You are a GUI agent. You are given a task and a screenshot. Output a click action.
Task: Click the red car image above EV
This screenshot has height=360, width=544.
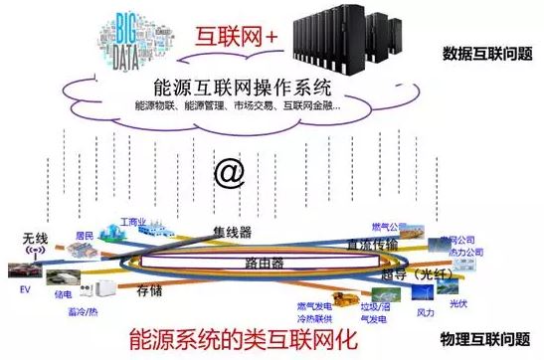coord(22,270)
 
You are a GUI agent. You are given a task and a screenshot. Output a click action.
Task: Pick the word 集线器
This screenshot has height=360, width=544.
coord(231,233)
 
